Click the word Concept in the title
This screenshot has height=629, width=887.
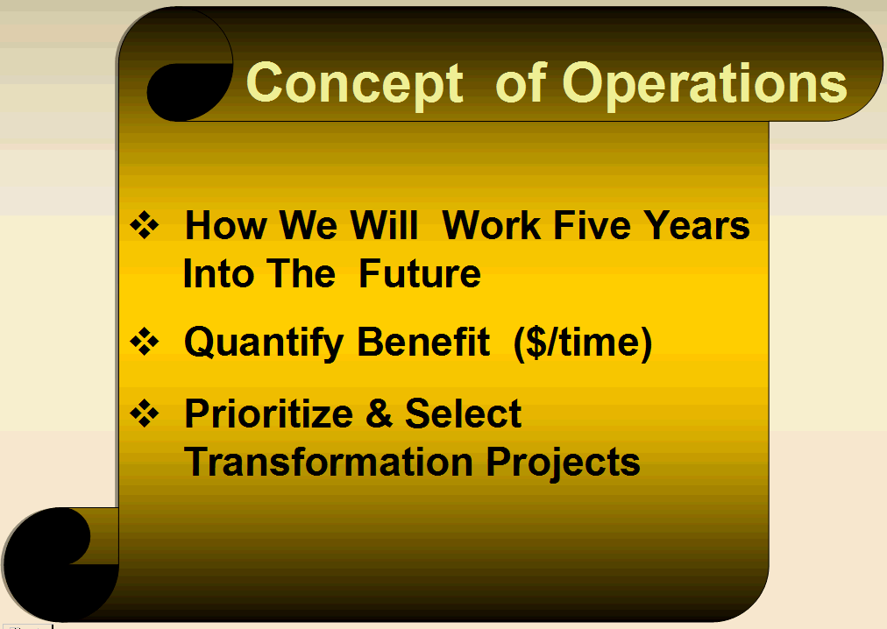355,83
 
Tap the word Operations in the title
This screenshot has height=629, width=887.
705,83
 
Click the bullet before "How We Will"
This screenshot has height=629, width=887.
145,225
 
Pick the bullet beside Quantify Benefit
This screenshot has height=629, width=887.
145,342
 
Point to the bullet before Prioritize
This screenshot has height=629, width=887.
145,413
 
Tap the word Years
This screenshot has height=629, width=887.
697,225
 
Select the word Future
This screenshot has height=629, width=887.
420,274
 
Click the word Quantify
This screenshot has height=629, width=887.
264,343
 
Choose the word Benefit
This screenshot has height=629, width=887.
423,342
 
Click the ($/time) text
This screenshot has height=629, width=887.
583,343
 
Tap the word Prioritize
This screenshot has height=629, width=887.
269,413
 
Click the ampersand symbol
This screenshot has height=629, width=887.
379,413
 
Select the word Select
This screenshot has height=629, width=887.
463,413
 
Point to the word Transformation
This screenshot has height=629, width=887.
328,463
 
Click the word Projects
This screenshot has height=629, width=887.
563,463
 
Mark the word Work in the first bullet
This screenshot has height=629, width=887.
491,225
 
